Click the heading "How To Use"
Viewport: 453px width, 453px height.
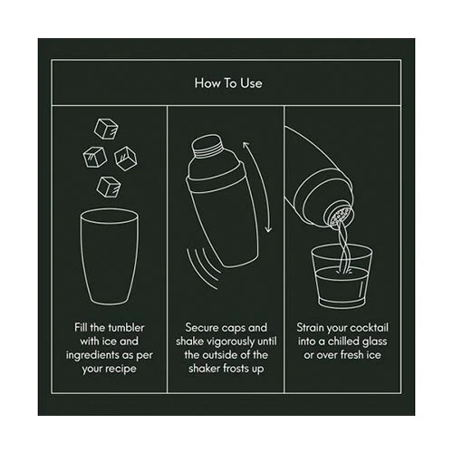click(228, 83)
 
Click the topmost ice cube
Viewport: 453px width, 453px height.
click(106, 129)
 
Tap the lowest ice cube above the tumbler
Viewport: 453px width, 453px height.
click(109, 187)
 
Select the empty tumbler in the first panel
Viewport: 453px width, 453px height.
click(110, 256)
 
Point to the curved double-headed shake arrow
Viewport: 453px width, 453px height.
click(259, 187)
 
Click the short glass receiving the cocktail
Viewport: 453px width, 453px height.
click(342, 277)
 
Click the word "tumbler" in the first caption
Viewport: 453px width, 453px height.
click(126, 328)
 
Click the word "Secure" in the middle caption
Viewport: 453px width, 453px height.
click(201, 328)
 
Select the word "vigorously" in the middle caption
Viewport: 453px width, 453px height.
click(230, 342)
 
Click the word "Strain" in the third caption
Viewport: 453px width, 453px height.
click(306, 328)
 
